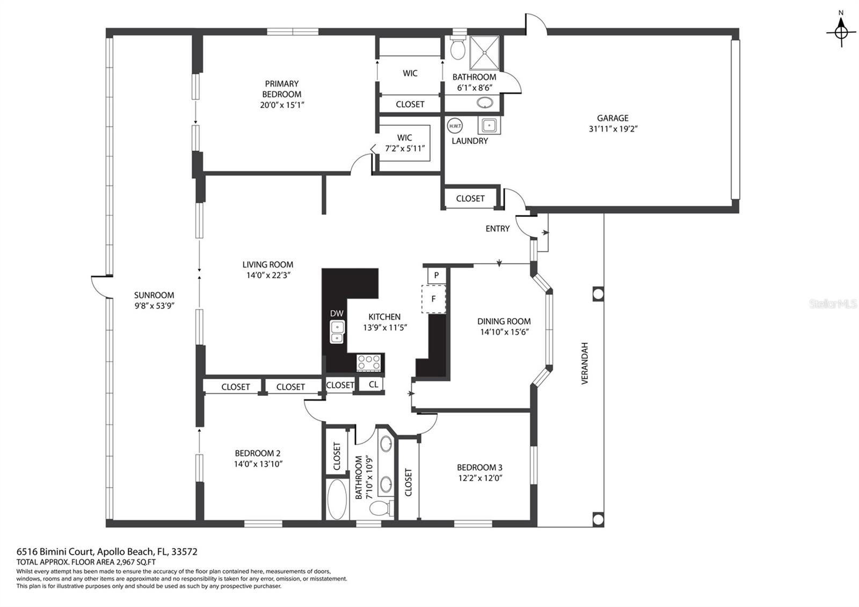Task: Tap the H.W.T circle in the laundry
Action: click(x=455, y=126)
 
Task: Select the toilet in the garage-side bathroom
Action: click(x=458, y=48)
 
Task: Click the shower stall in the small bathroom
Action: click(x=485, y=53)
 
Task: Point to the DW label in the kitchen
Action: click(x=337, y=314)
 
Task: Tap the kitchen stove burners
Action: click(x=369, y=362)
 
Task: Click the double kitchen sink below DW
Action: click(x=337, y=332)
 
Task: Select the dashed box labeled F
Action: click(x=433, y=299)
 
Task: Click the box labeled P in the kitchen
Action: click(x=436, y=275)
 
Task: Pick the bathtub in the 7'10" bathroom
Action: click(x=337, y=500)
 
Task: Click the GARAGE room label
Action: click(x=613, y=118)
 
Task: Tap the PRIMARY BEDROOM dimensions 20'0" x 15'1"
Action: click(x=282, y=105)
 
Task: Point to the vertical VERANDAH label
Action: click(x=585, y=363)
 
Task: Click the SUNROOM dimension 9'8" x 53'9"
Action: click(x=154, y=306)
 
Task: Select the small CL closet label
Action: click(x=373, y=384)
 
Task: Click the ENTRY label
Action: click(x=497, y=229)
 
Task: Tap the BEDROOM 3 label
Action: click(x=479, y=467)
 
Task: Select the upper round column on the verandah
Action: click(x=598, y=293)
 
